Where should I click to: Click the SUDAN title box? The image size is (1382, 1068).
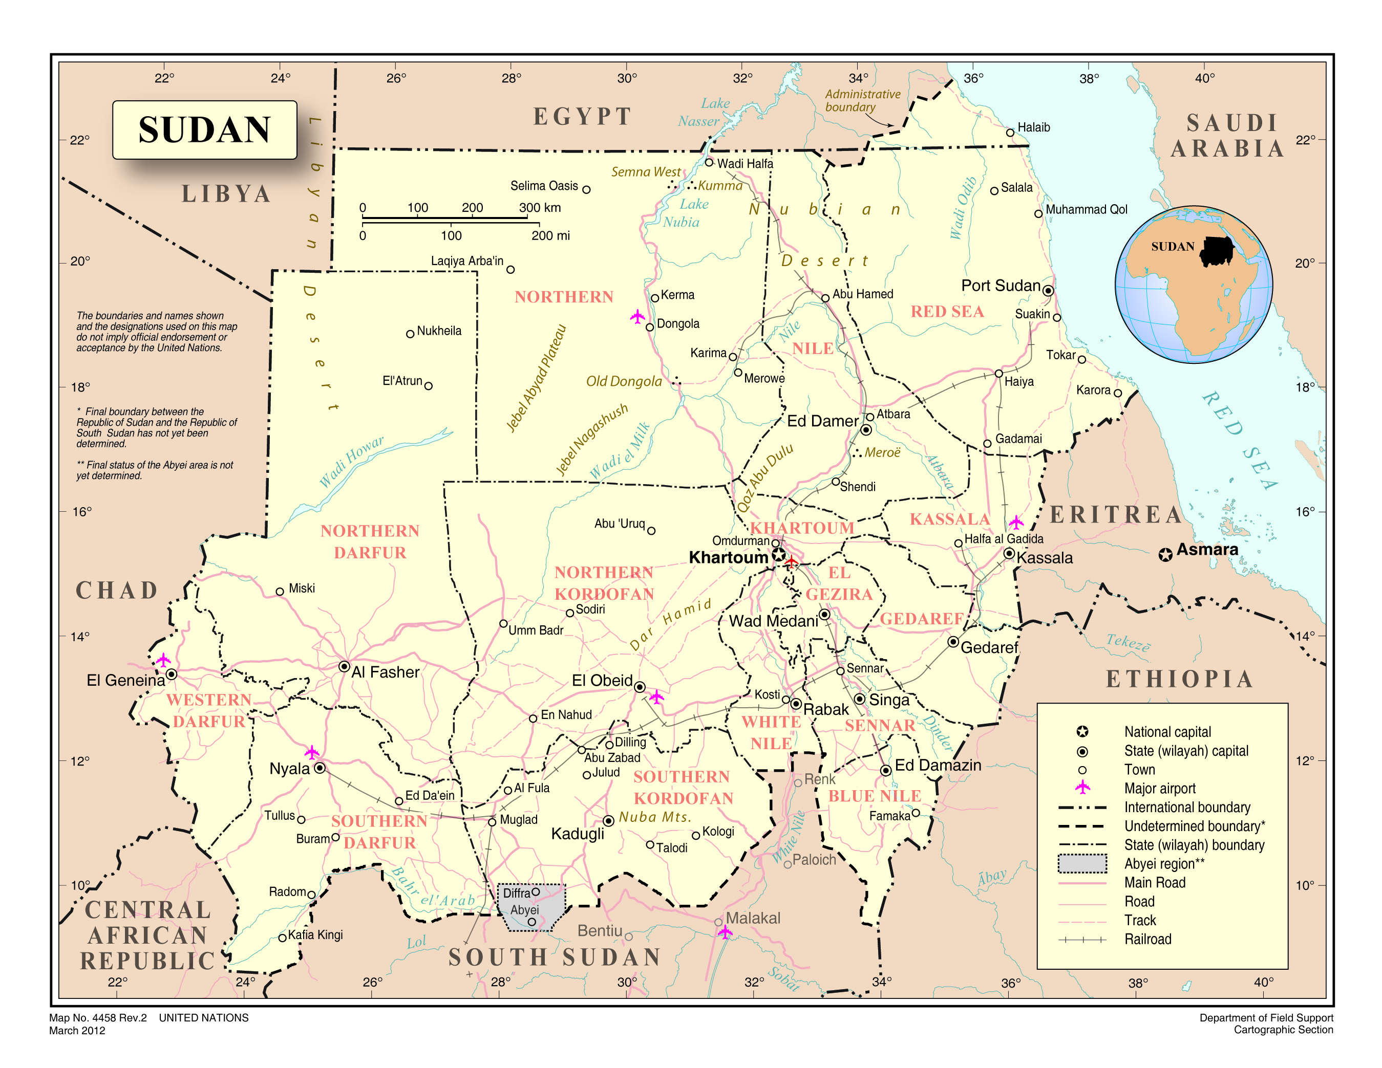tap(204, 129)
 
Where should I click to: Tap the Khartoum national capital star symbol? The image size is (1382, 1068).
tap(779, 556)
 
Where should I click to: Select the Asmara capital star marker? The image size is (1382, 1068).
tap(1165, 555)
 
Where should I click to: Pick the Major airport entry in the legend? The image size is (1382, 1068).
tap(1159, 789)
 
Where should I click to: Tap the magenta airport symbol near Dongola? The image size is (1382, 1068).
tap(637, 316)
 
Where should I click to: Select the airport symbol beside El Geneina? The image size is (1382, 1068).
tap(163, 660)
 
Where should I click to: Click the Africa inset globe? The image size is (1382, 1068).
tap(1194, 285)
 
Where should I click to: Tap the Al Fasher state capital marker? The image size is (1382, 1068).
tap(344, 666)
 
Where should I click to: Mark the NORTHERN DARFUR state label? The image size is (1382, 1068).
tap(370, 542)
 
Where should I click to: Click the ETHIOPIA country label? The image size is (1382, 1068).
tap(1179, 679)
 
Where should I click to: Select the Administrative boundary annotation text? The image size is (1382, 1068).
tap(861, 100)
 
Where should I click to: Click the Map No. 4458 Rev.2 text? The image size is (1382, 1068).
tap(98, 1017)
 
